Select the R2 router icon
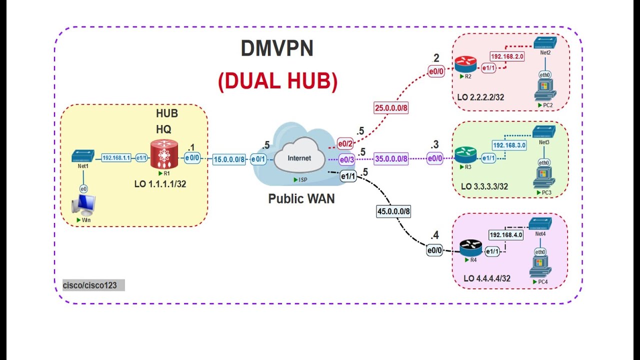[x=465, y=64]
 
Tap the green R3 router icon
[x=465, y=154]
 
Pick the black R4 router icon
[x=470, y=247]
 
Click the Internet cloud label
[x=299, y=158]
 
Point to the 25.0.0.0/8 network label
[x=391, y=107]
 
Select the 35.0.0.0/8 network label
[x=391, y=159]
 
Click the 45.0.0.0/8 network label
[x=393, y=211]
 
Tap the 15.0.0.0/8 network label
[x=229, y=159]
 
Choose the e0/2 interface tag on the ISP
[x=345, y=144]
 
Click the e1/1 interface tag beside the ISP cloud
[x=348, y=176]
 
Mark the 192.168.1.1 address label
[x=116, y=157]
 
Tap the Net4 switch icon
[x=540, y=223]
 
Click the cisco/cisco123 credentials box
[x=93, y=285]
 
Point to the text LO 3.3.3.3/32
[x=484, y=186]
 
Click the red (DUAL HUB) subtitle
[x=277, y=81]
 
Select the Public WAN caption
[x=301, y=198]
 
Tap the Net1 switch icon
[x=83, y=156]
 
